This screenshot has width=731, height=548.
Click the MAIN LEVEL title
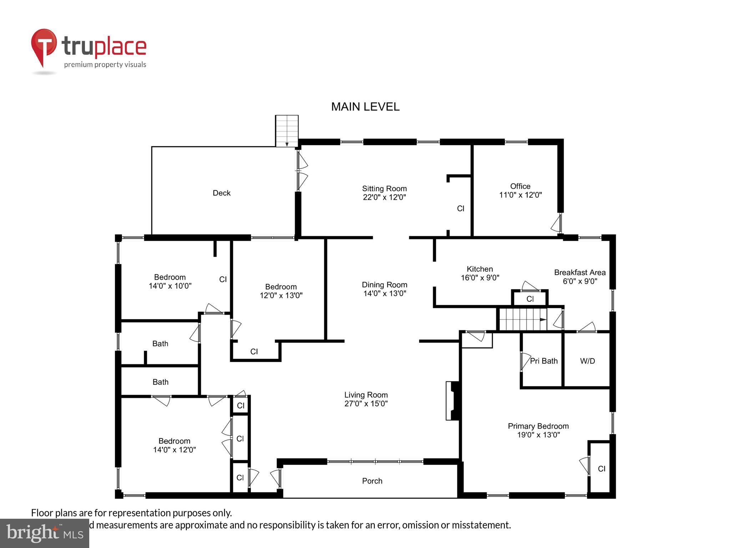coord(365,107)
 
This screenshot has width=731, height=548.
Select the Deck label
coord(221,193)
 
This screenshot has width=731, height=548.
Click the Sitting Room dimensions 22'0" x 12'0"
coord(384,197)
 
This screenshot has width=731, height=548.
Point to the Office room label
coord(520,186)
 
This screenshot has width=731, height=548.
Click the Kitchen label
coord(480,269)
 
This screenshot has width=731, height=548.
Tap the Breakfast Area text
coord(580,273)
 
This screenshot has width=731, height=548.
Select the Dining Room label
coord(384,285)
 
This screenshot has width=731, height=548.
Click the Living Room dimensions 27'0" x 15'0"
coord(366,404)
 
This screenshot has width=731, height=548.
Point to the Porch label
coord(372,481)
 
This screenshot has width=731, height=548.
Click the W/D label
coord(587,361)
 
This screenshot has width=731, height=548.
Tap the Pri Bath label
coord(544,361)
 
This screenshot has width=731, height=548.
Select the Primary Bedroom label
coord(538,426)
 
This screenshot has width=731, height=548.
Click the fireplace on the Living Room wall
coord(452,401)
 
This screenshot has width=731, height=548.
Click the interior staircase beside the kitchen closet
coord(522,319)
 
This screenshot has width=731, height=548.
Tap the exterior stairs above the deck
coord(287,131)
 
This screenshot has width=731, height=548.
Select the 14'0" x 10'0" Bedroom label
coord(170,277)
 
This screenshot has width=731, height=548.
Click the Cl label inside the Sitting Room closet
coord(460,208)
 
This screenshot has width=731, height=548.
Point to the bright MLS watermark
coord(45,533)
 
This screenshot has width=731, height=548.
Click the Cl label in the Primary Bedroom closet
coord(601,469)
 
